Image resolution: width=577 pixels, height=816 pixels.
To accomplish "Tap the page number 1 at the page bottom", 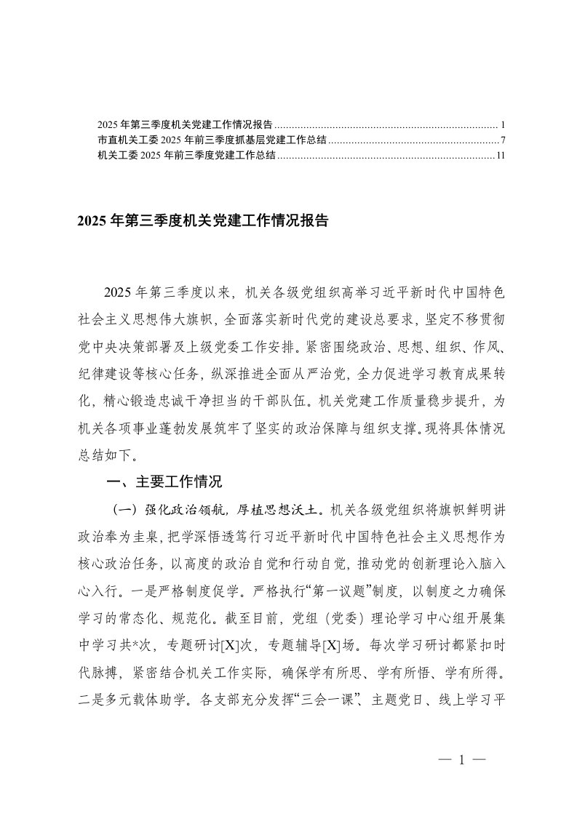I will click(x=461, y=759).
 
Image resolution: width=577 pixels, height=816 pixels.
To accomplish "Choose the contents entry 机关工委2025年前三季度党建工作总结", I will click(x=186, y=156).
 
